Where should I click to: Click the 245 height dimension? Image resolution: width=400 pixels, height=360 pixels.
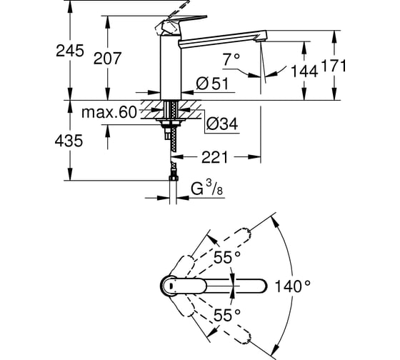(70, 51)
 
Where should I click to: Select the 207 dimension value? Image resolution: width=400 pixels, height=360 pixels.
(107, 59)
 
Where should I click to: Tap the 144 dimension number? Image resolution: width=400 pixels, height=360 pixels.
(304, 71)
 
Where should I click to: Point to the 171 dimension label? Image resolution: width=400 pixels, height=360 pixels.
(333, 66)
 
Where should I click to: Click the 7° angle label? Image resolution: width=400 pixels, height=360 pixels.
(231, 59)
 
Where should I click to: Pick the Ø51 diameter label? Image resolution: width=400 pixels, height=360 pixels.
(212, 84)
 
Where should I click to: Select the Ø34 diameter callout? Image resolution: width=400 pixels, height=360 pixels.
(222, 124)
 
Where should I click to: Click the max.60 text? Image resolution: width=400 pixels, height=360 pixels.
(109, 112)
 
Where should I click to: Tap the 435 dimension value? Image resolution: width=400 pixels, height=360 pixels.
(69, 141)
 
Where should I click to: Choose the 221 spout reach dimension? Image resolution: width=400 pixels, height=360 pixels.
(214, 157)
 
